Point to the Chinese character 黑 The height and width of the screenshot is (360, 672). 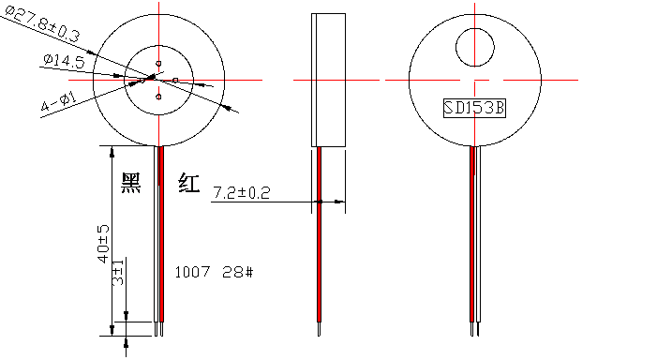[130, 183]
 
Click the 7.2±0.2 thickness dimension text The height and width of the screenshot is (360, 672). [241, 193]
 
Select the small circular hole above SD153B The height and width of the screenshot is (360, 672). [475, 46]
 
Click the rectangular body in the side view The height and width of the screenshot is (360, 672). [327, 80]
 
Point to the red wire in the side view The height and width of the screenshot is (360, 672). [319, 234]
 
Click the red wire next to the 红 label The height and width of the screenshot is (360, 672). [160, 234]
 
